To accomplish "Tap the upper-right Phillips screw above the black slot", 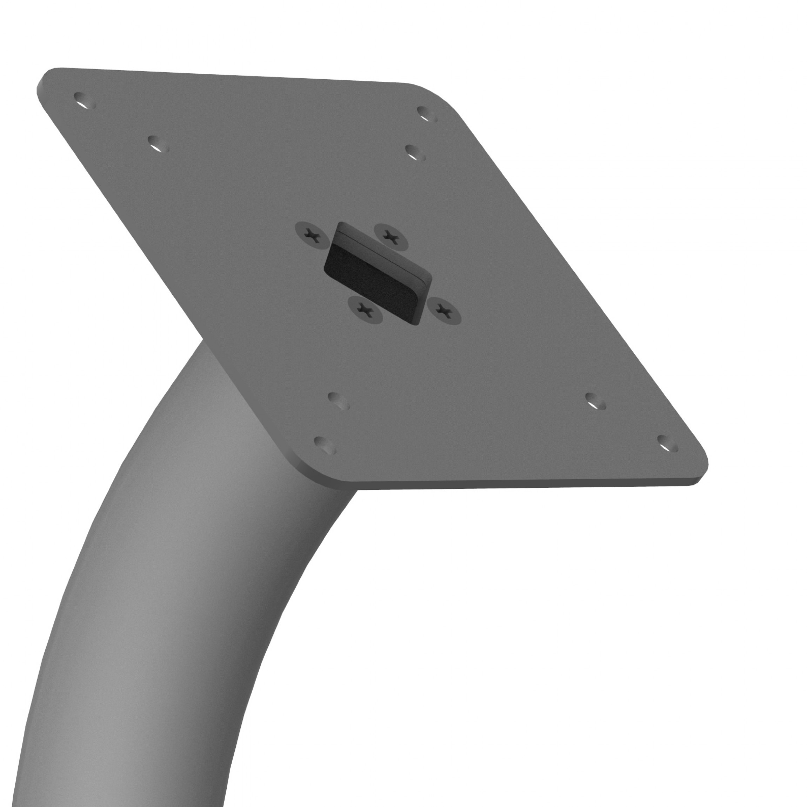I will tap(391, 236).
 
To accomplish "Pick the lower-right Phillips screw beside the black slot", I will tap(443, 309).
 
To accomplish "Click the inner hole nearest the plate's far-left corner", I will tap(158, 144).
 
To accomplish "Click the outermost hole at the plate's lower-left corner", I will tap(325, 445).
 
